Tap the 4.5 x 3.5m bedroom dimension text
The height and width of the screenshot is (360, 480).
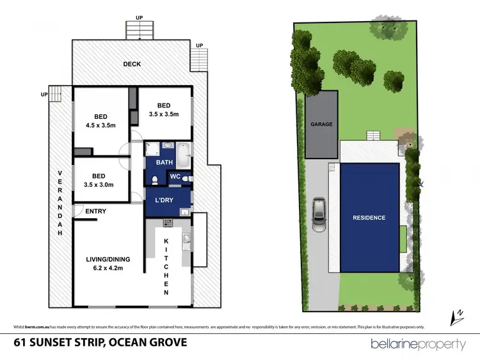pyautogui.click(x=100, y=125)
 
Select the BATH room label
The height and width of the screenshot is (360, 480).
pyautogui.click(x=164, y=162)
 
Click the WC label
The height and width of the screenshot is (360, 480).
pyautogui.click(x=175, y=177)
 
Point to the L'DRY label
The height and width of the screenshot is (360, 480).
pyautogui.click(x=164, y=200)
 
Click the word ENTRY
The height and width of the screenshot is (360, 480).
pyautogui.click(x=94, y=211)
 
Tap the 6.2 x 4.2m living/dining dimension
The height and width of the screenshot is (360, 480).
pyautogui.click(x=108, y=269)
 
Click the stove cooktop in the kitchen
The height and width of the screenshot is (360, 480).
pyautogui.click(x=168, y=223)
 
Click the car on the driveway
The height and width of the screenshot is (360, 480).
pyautogui.click(x=319, y=215)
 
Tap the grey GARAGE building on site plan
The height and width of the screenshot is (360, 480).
pyautogui.click(x=321, y=125)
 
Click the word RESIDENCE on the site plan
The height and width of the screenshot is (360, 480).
pyautogui.click(x=369, y=218)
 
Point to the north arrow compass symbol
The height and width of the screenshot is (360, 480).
pyautogui.click(x=458, y=315)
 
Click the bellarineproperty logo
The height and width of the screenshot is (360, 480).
pyautogui.click(x=418, y=344)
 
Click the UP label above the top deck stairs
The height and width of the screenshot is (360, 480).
pyautogui.click(x=139, y=17)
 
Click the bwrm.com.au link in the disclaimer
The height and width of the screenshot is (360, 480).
pyautogui.click(x=40, y=325)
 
